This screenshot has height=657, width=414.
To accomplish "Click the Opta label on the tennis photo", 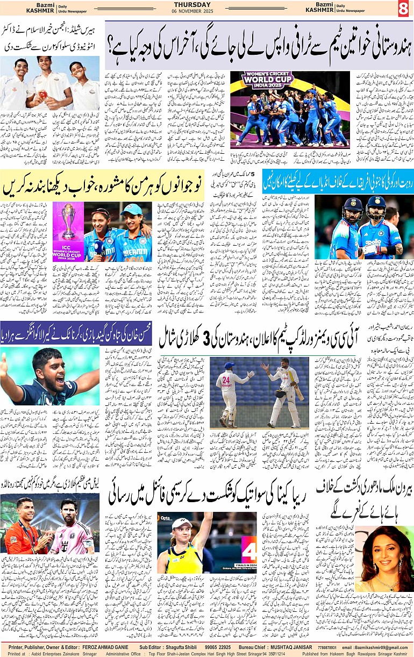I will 165,518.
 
